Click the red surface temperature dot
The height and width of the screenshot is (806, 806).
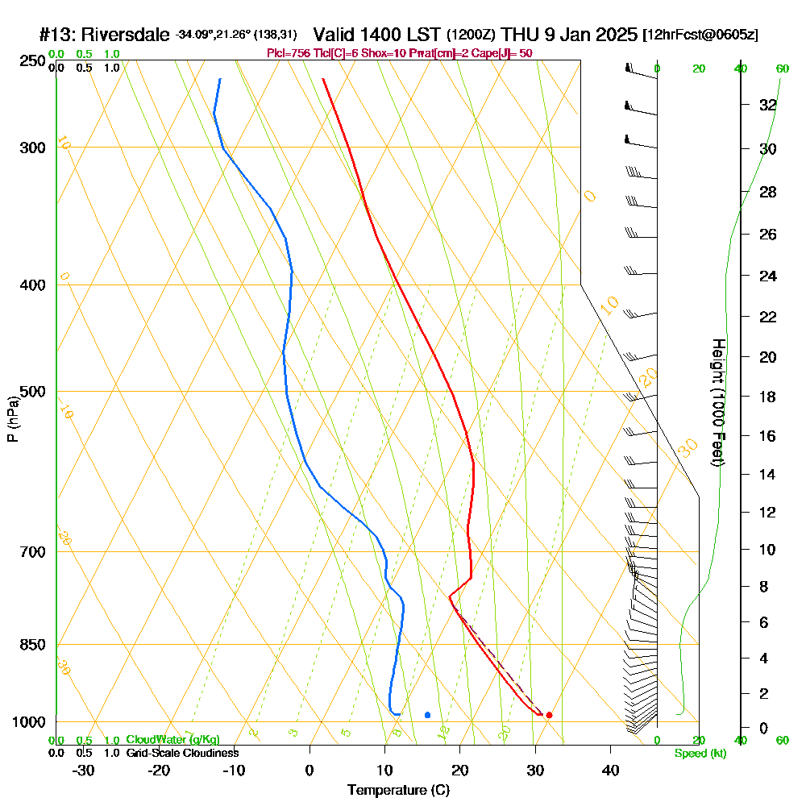[x=549, y=715]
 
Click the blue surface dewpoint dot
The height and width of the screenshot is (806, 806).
[x=427, y=715]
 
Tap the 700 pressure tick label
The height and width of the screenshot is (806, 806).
[x=30, y=552]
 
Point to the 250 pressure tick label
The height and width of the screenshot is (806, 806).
[x=30, y=61]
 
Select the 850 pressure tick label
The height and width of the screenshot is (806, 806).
[x=30, y=645]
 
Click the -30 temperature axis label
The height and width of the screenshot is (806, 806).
[x=83, y=771]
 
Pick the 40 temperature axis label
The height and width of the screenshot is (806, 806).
[x=610, y=771]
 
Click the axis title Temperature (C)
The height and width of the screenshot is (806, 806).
[x=398, y=791]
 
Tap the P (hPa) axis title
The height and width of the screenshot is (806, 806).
[x=12, y=418]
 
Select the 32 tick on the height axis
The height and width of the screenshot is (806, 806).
[x=767, y=105]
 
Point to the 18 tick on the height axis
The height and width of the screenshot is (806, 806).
[x=767, y=397]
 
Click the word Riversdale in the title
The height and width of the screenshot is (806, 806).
[x=125, y=35]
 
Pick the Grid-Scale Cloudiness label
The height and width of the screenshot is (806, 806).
[x=182, y=753]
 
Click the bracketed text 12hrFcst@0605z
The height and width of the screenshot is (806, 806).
[x=700, y=36]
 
